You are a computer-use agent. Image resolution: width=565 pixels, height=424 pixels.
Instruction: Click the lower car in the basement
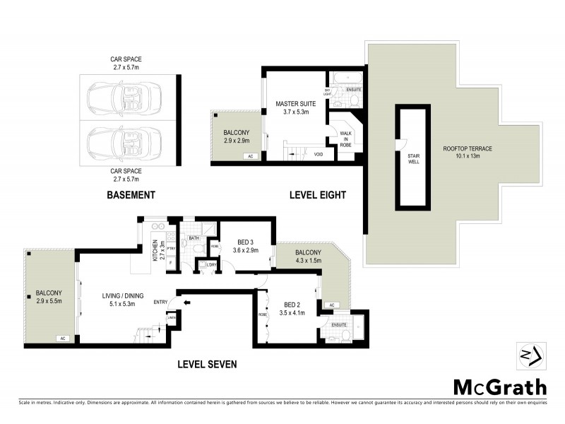[122, 142]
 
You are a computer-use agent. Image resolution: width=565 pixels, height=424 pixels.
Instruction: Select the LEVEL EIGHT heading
[317, 195]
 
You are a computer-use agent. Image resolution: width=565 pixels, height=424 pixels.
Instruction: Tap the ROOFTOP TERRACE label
[472, 148]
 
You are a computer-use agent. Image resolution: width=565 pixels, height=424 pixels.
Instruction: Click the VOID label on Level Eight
[319, 154]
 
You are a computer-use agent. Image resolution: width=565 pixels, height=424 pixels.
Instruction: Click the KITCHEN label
[155, 251]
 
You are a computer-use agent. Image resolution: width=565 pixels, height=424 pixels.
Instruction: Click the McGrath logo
[499, 387]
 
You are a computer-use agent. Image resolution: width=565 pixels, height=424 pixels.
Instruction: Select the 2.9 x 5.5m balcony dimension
[49, 301]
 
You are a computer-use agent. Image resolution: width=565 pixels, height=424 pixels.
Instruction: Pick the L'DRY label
[210, 265]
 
